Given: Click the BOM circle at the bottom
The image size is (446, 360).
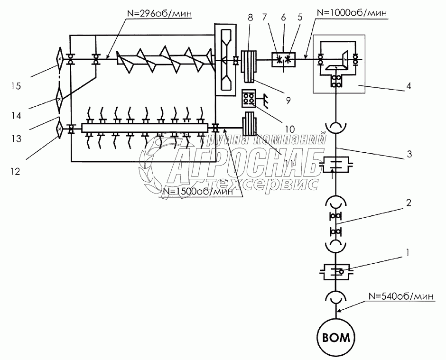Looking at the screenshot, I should pyautogui.click(x=337, y=338).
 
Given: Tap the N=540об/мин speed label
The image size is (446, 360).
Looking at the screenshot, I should pyautogui.click(x=401, y=297).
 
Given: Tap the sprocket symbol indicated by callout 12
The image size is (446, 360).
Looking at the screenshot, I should pyautogui.click(x=59, y=128).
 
